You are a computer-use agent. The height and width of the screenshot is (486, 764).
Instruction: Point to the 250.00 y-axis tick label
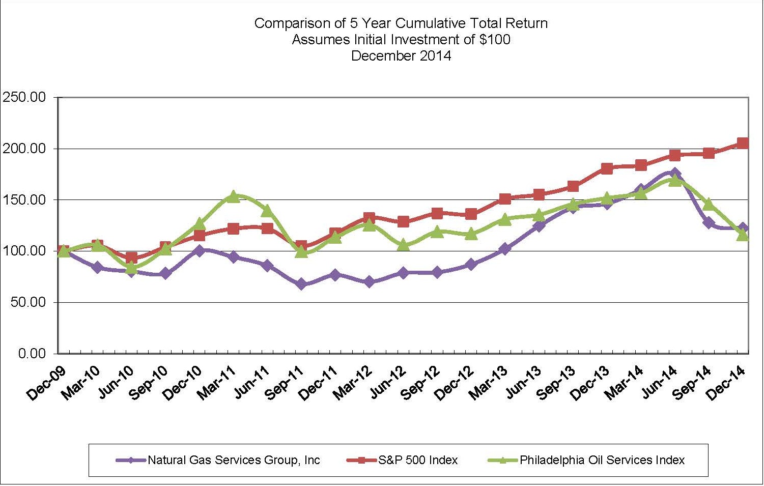[24, 97]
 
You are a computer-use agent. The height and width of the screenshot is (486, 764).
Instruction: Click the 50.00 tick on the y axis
[27, 302]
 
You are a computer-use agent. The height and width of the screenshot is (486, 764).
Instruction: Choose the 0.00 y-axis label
[32, 354]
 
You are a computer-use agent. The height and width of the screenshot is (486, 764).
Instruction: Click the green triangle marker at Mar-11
[233, 196]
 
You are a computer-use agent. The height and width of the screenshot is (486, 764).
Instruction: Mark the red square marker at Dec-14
[743, 144]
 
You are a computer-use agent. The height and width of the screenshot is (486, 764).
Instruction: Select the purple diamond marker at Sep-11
[301, 284]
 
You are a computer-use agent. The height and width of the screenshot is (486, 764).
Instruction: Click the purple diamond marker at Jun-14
[675, 173]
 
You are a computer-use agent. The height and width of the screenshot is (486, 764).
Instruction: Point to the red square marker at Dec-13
[607, 168]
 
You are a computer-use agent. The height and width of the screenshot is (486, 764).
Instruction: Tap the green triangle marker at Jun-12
[403, 245]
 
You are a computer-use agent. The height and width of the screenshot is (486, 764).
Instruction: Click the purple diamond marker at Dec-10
[199, 250]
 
